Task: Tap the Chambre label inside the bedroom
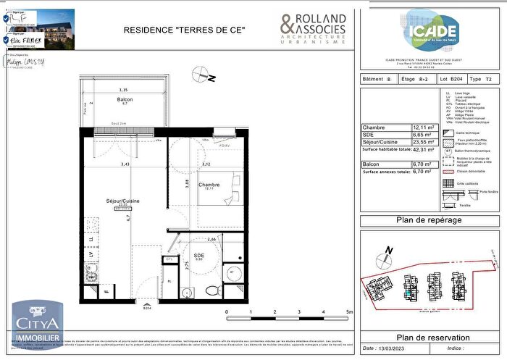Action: tap(209, 185)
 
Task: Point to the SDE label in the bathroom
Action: tap(198, 254)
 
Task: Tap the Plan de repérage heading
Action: tap(430, 220)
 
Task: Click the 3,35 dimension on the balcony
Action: tap(124, 90)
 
